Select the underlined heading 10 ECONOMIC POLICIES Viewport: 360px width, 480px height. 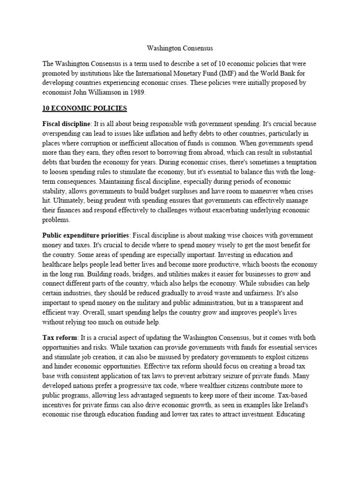pos(84,108)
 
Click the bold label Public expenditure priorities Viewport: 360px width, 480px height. pos(85,235)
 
